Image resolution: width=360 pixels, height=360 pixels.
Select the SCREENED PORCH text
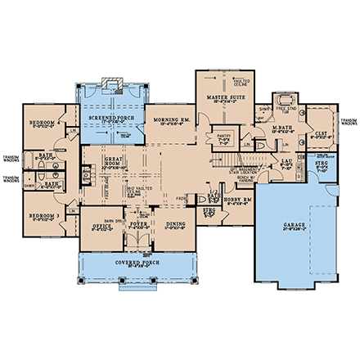pyautogui.click(x=111, y=116)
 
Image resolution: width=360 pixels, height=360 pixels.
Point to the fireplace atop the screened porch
pyautogui.click(x=112, y=85)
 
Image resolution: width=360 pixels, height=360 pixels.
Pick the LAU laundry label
pyautogui.click(x=287, y=162)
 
